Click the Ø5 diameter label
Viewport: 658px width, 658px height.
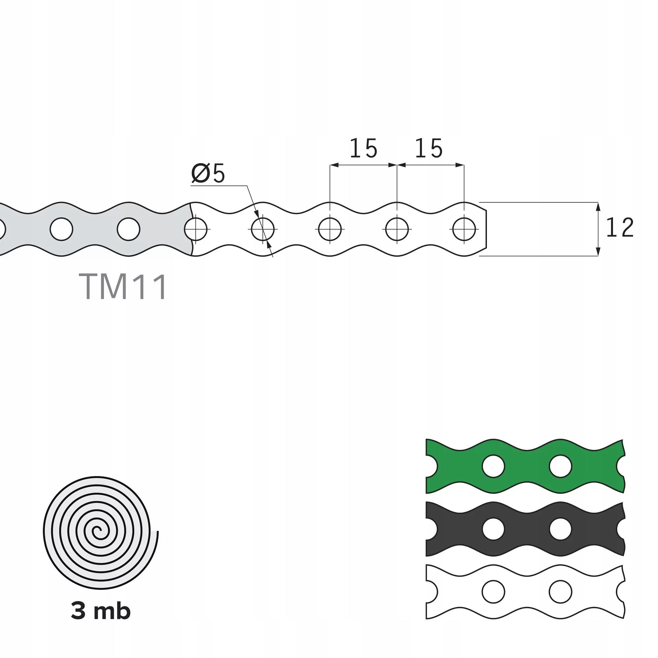coord(208,173)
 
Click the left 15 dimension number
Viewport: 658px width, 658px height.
coord(364,149)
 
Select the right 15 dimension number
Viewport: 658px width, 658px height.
coord(429,149)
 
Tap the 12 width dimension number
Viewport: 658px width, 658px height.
coord(620,228)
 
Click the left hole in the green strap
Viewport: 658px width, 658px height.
coord(493,466)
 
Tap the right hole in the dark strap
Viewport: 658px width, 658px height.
coord(560,529)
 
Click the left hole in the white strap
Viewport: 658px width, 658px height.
coord(493,592)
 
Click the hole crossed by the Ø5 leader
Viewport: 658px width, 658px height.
coord(263,229)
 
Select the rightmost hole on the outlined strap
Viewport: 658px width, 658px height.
coord(464,229)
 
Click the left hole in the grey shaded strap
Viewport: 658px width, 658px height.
coord(61,229)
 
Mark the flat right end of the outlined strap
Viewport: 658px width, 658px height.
coord(486,229)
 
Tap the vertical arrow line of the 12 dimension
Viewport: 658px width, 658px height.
coord(598,229)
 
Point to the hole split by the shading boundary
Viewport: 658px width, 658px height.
coord(195,229)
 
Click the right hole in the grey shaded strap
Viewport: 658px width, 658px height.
coord(128,229)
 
